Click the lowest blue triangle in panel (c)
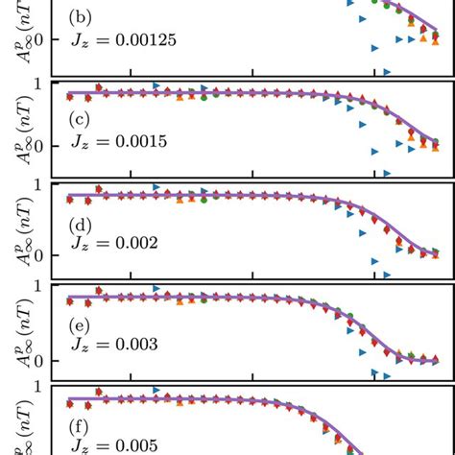(388, 173)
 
